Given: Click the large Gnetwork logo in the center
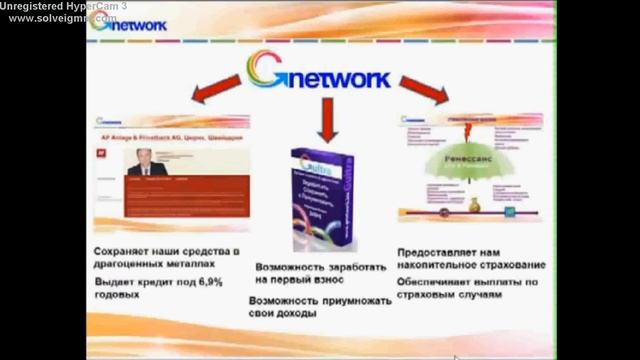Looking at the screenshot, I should (x=319, y=72).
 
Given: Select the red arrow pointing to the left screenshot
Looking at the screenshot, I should (x=211, y=93).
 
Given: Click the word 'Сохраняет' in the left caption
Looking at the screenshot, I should (x=128, y=250).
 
